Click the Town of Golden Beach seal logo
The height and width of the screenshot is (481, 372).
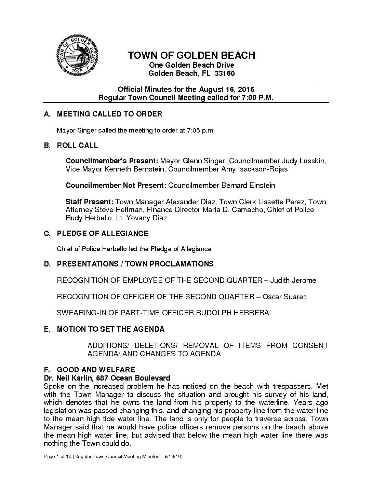pyautogui.click(x=78, y=56)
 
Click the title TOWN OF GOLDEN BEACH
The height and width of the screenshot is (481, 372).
pyautogui.click(x=191, y=55)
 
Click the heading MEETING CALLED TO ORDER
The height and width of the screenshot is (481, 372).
pyautogui.click(x=109, y=114)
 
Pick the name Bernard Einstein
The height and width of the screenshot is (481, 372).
pyautogui.click(x=248, y=185)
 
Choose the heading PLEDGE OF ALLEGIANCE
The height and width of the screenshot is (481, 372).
pyautogui.click(x=103, y=234)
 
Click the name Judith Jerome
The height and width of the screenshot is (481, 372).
pyautogui.click(x=293, y=280)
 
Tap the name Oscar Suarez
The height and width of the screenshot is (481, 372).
pyautogui.click(x=284, y=297)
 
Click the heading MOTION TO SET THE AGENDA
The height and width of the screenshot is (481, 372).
pyautogui.click(x=110, y=329)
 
